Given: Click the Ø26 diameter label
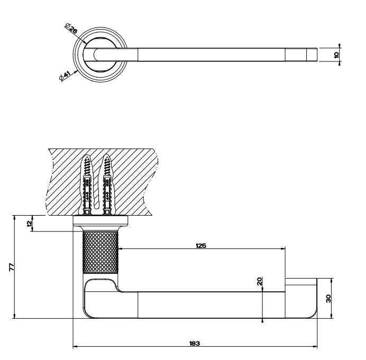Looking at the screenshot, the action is [71, 29].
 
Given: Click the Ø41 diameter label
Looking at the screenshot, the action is [65, 76].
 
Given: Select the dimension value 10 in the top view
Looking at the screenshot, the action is [336, 55].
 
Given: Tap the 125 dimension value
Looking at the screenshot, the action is [201, 246].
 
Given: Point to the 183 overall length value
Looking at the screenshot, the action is [195, 344].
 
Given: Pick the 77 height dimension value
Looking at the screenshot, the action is [12, 267].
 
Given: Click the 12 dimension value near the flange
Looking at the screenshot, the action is [30, 224].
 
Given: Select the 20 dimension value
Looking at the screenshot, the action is [260, 281].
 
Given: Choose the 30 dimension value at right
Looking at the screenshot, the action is [328, 299].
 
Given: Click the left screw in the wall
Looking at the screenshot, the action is [87, 186].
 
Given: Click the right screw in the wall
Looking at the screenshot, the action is [107, 186].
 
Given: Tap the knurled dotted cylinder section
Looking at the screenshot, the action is [100, 252].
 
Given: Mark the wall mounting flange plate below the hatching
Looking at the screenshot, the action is [100, 221].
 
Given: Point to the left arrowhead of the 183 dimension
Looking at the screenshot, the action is [75, 347].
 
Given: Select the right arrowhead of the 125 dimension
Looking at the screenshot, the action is [283, 249].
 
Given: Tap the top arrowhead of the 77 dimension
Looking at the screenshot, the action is [14, 217].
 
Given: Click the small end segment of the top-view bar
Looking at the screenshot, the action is [312, 55].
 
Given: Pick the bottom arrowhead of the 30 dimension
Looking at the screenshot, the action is [332, 316].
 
